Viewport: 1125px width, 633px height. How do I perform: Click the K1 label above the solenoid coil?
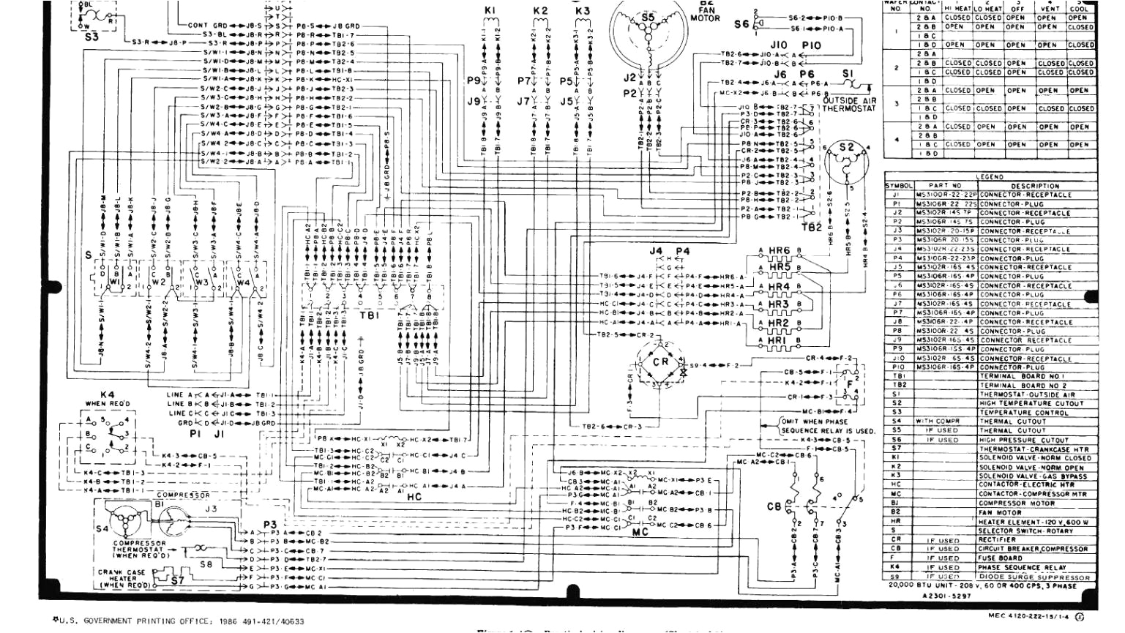click(491, 10)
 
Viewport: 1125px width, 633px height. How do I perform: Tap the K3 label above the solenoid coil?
click(582, 11)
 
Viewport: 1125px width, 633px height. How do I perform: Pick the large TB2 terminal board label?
click(813, 228)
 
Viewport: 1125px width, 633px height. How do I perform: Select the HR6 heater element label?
click(780, 251)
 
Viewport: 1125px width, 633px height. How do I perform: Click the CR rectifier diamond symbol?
click(660, 362)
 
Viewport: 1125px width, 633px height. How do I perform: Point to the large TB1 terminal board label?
click(369, 316)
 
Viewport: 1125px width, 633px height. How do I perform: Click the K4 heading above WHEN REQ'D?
click(108, 394)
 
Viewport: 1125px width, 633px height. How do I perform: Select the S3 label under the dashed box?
click(91, 36)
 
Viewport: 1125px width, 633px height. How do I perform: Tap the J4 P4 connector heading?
click(670, 251)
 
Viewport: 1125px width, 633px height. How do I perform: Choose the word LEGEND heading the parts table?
click(990, 177)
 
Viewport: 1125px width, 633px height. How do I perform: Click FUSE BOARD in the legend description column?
click(1001, 558)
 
